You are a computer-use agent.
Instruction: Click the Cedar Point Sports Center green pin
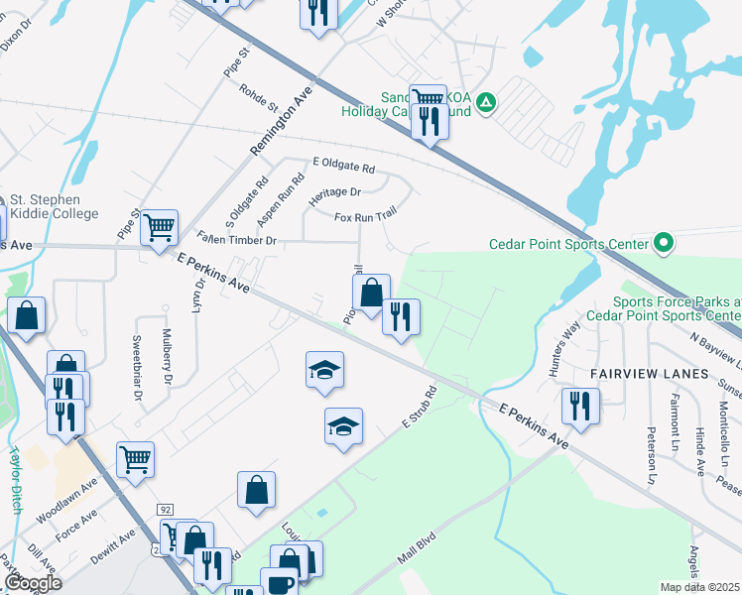[664, 243]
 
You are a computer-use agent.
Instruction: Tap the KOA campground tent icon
[485, 102]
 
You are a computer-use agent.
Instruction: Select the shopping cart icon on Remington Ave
[159, 228]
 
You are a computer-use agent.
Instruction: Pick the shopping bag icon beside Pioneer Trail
[371, 293]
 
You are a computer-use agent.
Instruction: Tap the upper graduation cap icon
[324, 370]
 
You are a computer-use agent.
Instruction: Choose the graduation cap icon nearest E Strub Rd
[343, 426]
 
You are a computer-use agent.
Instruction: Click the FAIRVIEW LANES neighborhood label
[649, 373]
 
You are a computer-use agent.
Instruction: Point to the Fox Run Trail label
[365, 217]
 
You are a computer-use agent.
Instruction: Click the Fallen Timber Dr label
[236, 239]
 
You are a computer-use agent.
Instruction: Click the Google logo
[34, 583]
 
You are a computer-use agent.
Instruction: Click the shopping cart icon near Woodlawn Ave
[135, 458]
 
